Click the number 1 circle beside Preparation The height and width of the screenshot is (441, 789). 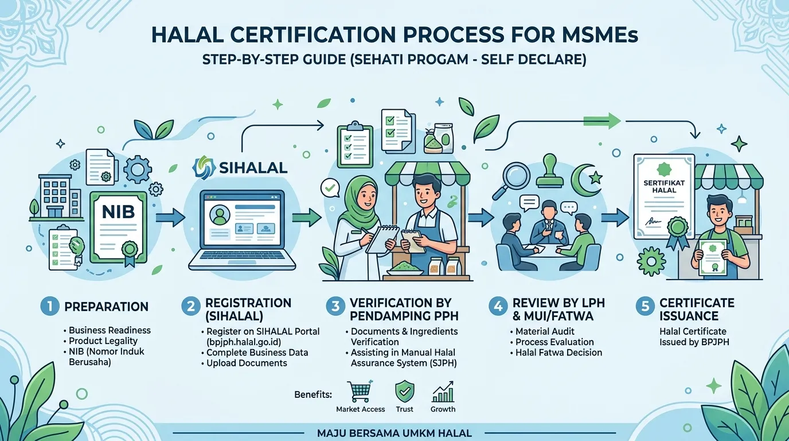(50, 306)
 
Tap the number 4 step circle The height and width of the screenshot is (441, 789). (498, 306)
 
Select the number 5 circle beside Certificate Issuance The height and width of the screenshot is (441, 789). (645, 306)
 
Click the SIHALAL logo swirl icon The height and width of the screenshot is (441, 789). (204, 167)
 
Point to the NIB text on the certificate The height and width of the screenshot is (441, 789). (118, 212)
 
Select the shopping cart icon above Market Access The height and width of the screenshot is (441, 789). (360, 391)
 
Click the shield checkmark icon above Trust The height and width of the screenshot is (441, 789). (404, 391)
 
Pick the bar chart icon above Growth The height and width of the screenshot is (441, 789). (443, 391)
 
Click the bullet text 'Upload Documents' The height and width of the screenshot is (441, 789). (247, 363)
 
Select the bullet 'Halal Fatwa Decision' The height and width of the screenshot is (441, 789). (558, 353)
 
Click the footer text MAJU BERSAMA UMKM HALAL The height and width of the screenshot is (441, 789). (394, 433)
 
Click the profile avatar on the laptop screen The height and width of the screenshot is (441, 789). (220, 215)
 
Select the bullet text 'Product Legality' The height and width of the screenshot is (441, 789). (103, 341)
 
